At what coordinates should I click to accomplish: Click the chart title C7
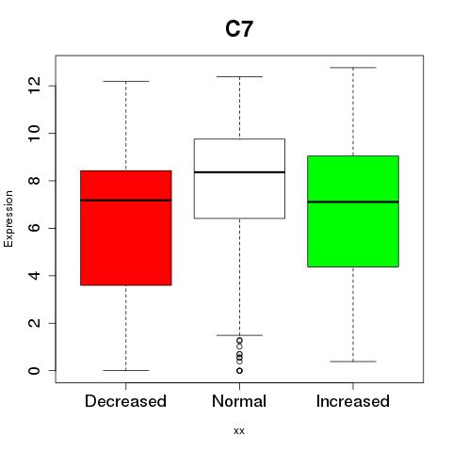[x=239, y=28]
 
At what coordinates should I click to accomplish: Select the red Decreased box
[x=126, y=228]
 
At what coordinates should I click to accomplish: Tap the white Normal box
[x=239, y=178]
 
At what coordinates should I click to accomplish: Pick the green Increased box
[x=353, y=211]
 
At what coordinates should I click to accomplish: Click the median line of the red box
[x=126, y=200]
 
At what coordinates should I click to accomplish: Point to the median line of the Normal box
[x=239, y=172]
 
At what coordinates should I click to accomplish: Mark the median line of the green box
[x=353, y=202]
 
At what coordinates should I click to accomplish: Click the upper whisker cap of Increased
[x=353, y=68]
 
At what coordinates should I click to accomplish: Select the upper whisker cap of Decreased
[x=126, y=81]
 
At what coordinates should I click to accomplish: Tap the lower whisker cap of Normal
[x=239, y=335]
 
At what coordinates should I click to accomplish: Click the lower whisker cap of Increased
[x=353, y=362]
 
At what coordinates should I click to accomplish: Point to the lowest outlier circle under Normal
[x=239, y=371]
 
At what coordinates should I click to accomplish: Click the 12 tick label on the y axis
[x=34, y=86]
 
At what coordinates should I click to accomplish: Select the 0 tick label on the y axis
[x=34, y=371]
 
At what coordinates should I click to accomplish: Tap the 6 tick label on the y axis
[x=34, y=228]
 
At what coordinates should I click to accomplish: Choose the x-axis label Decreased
[x=125, y=401]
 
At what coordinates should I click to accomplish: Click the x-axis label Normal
[x=239, y=401]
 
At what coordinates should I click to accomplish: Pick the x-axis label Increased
[x=353, y=401]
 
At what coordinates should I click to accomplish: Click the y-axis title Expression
[x=8, y=218]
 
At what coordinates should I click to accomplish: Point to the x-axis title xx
[x=239, y=431]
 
